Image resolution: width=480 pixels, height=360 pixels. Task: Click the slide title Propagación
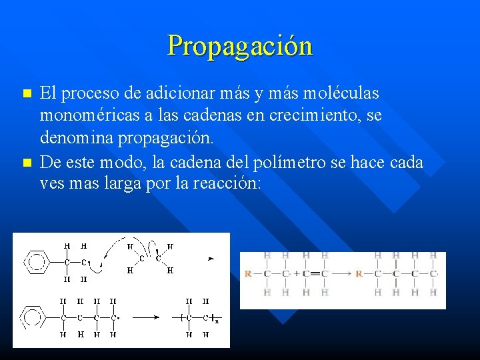240,45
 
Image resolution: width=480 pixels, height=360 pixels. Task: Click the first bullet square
27,92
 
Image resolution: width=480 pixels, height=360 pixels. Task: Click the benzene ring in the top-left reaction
37,261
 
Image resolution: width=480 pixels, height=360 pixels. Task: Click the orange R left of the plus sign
248,273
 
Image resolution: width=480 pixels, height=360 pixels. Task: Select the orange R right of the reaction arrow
359,273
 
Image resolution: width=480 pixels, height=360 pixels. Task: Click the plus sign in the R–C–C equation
295,273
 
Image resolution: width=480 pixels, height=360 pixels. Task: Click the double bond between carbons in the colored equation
315,273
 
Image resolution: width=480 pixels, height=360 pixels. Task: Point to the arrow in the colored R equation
342,273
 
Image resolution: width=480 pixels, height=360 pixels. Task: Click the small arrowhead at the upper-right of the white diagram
211,257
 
